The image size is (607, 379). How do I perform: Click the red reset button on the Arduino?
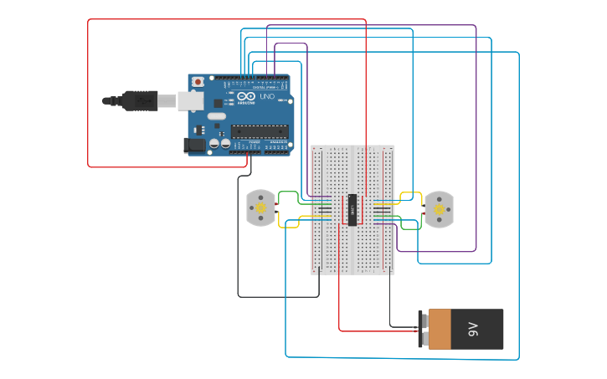[198, 82]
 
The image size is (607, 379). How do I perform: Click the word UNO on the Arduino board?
[266, 97]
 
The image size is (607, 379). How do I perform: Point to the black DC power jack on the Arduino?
[194, 145]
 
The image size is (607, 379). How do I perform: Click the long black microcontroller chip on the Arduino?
[260, 131]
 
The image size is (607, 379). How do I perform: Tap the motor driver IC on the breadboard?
[352, 209]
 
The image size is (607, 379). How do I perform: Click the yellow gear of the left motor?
[260, 207]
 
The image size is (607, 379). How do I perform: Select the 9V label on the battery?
[473, 329]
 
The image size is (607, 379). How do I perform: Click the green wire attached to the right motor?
[409, 226]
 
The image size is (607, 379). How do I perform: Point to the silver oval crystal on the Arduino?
[216, 116]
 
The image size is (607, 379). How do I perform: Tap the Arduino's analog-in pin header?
[277, 151]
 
